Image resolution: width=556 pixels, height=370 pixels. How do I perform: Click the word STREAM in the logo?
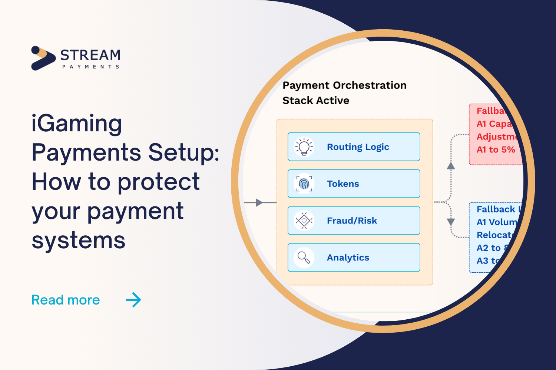click(x=90, y=55)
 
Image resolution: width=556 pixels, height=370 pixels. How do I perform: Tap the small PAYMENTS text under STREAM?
click(x=90, y=67)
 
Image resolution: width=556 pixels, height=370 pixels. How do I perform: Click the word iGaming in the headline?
click(x=77, y=124)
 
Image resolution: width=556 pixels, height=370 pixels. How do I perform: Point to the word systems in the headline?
click(x=79, y=240)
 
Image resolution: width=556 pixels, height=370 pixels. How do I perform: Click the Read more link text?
click(x=66, y=300)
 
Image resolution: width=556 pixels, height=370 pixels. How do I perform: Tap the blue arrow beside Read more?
click(x=133, y=300)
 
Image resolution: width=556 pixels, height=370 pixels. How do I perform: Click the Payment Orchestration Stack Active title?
click(x=344, y=92)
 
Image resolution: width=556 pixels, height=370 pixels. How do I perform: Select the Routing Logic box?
click(x=354, y=147)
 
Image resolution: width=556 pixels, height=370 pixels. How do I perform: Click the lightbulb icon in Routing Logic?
click(x=304, y=147)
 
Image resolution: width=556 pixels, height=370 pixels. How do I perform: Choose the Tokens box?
click(x=354, y=184)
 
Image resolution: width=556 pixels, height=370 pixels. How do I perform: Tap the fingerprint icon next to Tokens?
click(x=304, y=184)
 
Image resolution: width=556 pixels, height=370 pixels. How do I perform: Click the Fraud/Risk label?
click(x=352, y=221)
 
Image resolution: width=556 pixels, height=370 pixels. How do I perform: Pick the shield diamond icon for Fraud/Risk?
click(x=304, y=221)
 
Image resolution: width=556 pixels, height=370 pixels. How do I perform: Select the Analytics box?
click(x=354, y=258)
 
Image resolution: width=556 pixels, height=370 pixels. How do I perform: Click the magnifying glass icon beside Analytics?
click(x=304, y=258)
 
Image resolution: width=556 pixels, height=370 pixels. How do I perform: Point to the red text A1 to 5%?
click(x=496, y=150)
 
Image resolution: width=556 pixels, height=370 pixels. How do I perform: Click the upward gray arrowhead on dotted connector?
click(x=451, y=166)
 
